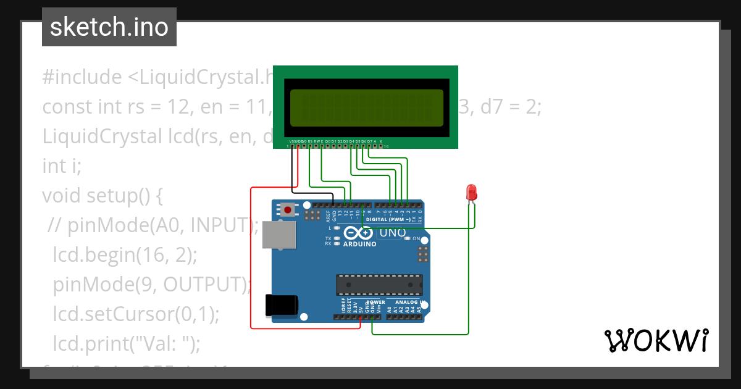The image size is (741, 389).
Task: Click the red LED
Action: [x=471, y=192]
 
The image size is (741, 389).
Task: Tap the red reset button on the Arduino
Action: [x=287, y=210]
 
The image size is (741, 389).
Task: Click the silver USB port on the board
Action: [x=278, y=236]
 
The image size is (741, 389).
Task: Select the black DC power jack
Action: [x=281, y=305]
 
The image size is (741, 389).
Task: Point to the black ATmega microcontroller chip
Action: [x=379, y=285]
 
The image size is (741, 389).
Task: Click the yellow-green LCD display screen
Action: [x=366, y=108]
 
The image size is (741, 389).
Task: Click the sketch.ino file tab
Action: [x=109, y=27]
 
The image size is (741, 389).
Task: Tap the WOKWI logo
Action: [x=656, y=340]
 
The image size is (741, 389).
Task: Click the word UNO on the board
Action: [x=392, y=233]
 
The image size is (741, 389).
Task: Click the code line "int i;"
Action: [x=62, y=166]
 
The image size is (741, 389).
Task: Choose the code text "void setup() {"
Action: [x=102, y=196]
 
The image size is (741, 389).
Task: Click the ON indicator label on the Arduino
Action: [x=416, y=238]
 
